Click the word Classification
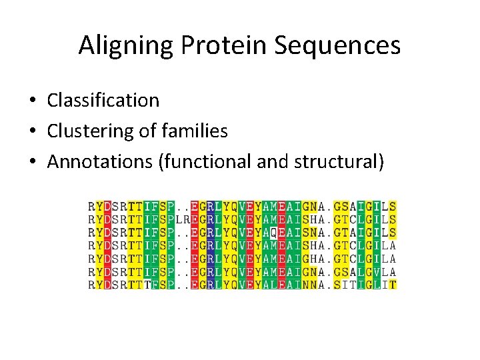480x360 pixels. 103,100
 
